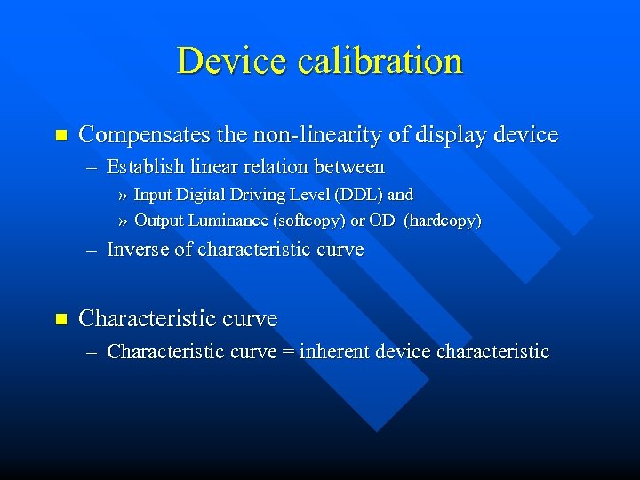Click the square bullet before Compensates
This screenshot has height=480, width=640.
pyautogui.click(x=60, y=136)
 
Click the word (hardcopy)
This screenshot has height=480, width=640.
pyautogui.click(x=443, y=220)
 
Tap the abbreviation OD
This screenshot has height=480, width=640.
pyautogui.click(x=381, y=220)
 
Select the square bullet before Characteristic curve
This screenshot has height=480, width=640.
pyautogui.click(x=60, y=318)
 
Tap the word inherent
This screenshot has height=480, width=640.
pyautogui.click(x=335, y=352)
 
